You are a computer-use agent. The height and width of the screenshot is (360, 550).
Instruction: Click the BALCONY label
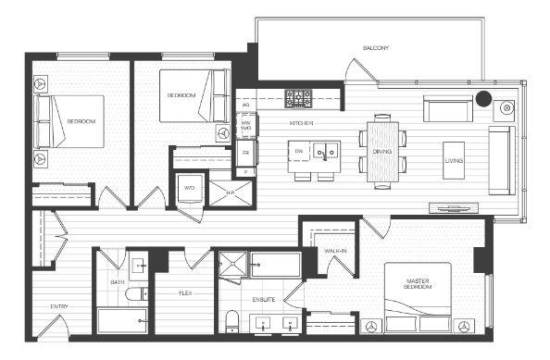[376, 47]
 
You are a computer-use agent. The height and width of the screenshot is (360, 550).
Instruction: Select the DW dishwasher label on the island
[299, 150]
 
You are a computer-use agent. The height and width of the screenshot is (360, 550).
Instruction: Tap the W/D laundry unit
[189, 188]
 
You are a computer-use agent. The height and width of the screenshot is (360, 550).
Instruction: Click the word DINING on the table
[382, 151]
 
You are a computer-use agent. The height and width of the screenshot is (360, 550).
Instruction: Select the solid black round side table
[482, 98]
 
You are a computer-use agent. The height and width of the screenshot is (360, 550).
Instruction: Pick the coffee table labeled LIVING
[454, 160]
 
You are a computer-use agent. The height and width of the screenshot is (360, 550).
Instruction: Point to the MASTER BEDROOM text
[417, 283]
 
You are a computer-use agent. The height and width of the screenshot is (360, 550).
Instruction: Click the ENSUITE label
[264, 300]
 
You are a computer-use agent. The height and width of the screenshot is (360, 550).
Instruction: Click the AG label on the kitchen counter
[246, 105]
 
